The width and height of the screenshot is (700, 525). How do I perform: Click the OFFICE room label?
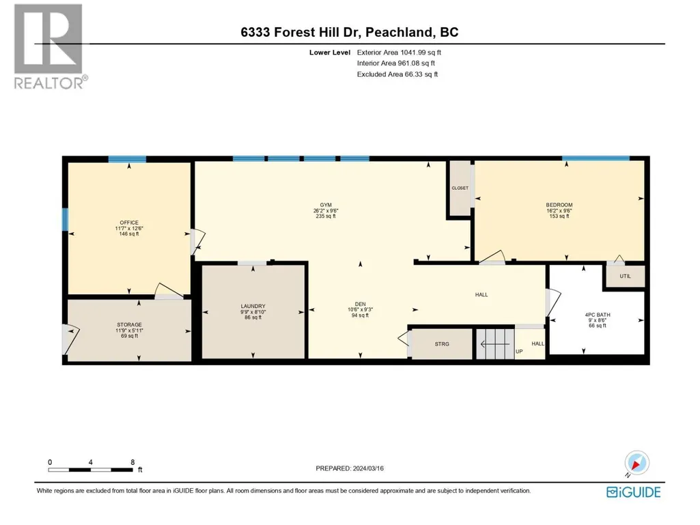(x=129, y=223)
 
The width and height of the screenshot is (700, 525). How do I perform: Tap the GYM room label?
(x=326, y=205)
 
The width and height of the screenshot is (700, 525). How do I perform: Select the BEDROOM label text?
(x=559, y=205)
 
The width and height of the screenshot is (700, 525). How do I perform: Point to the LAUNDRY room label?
(x=253, y=307)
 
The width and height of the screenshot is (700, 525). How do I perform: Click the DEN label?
(x=361, y=304)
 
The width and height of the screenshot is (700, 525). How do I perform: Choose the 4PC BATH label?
(x=598, y=315)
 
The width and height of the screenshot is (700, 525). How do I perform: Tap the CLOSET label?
(x=460, y=188)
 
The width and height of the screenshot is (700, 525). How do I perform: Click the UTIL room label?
(x=625, y=276)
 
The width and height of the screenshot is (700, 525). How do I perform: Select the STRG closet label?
(x=442, y=344)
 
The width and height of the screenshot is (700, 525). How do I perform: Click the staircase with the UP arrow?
(x=495, y=344)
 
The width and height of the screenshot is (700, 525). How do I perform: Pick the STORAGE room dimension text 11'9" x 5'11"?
(x=130, y=330)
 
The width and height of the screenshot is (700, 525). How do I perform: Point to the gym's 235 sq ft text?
(x=326, y=216)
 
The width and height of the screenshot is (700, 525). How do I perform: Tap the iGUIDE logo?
(x=634, y=492)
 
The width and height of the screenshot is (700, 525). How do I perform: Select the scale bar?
(x=91, y=470)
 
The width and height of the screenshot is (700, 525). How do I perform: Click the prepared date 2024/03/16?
(x=368, y=468)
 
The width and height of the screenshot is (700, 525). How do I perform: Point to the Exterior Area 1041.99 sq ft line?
(x=399, y=53)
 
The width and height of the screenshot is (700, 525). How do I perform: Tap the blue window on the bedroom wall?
(x=596, y=158)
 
